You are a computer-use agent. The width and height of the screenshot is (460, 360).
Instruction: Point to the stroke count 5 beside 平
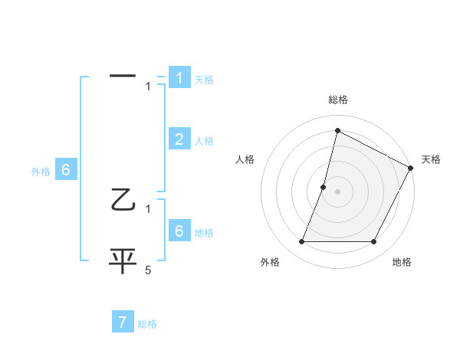pyautogui.click(x=148, y=270)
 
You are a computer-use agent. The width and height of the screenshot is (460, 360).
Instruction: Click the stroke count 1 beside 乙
pyautogui.click(x=148, y=208)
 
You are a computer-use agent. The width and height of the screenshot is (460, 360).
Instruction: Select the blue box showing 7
pyautogui.click(x=123, y=322)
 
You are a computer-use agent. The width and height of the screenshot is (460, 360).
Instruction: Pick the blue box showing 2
pyautogui.click(x=179, y=139)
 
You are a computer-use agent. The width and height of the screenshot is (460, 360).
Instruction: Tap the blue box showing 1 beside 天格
pyautogui.click(x=179, y=77)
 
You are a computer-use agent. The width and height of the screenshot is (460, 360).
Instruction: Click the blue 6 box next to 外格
pyautogui.click(x=65, y=170)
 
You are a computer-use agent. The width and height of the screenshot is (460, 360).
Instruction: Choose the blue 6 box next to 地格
pyautogui.click(x=179, y=231)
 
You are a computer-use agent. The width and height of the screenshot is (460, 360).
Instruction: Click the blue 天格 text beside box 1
pyautogui.click(x=204, y=80)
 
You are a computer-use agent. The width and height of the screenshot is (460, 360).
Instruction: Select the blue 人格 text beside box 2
pyautogui.click(x=204, y=141)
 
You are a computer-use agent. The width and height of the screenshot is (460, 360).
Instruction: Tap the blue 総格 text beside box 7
pyautogui.click(x=147, y=324)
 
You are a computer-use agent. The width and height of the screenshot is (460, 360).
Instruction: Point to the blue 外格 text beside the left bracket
pyautogui.click(x=41, y=172)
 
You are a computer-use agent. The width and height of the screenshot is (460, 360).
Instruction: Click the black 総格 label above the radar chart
pyautogui.click(x=338, y=100)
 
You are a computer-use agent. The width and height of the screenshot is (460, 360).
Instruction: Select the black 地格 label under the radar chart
pyautogui.click(x=402, y=262)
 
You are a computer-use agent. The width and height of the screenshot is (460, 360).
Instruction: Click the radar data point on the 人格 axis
pyautogui.click(x=324, y=187)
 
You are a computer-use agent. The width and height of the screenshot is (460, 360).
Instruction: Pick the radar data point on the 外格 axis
pyautogui.click(x=302, y=242)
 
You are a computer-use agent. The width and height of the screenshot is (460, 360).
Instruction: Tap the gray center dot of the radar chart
pyautogui.click(x=338, y=191)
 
